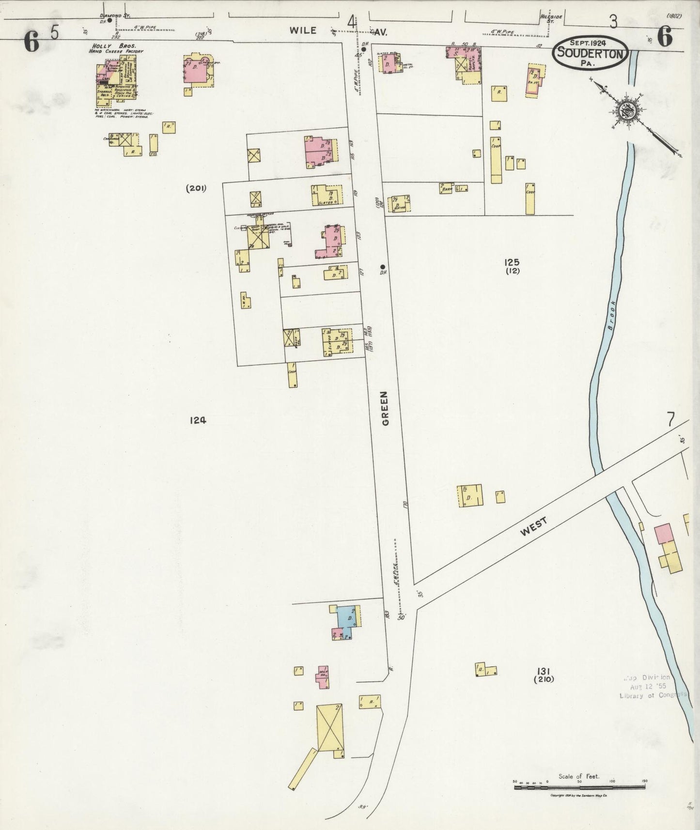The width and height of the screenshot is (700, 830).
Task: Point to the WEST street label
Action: point(533,526)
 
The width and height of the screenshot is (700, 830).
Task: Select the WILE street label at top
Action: point(303,30)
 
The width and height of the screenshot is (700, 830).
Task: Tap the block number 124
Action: point(198,420)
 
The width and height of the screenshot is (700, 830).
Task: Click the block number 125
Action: point(512,262)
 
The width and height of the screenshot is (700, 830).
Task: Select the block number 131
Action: point(543,671)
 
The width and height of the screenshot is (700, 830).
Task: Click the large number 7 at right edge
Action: point(670,419)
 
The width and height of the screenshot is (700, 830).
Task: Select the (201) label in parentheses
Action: point(196,188)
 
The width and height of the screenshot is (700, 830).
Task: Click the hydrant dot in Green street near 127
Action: point(382,266)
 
